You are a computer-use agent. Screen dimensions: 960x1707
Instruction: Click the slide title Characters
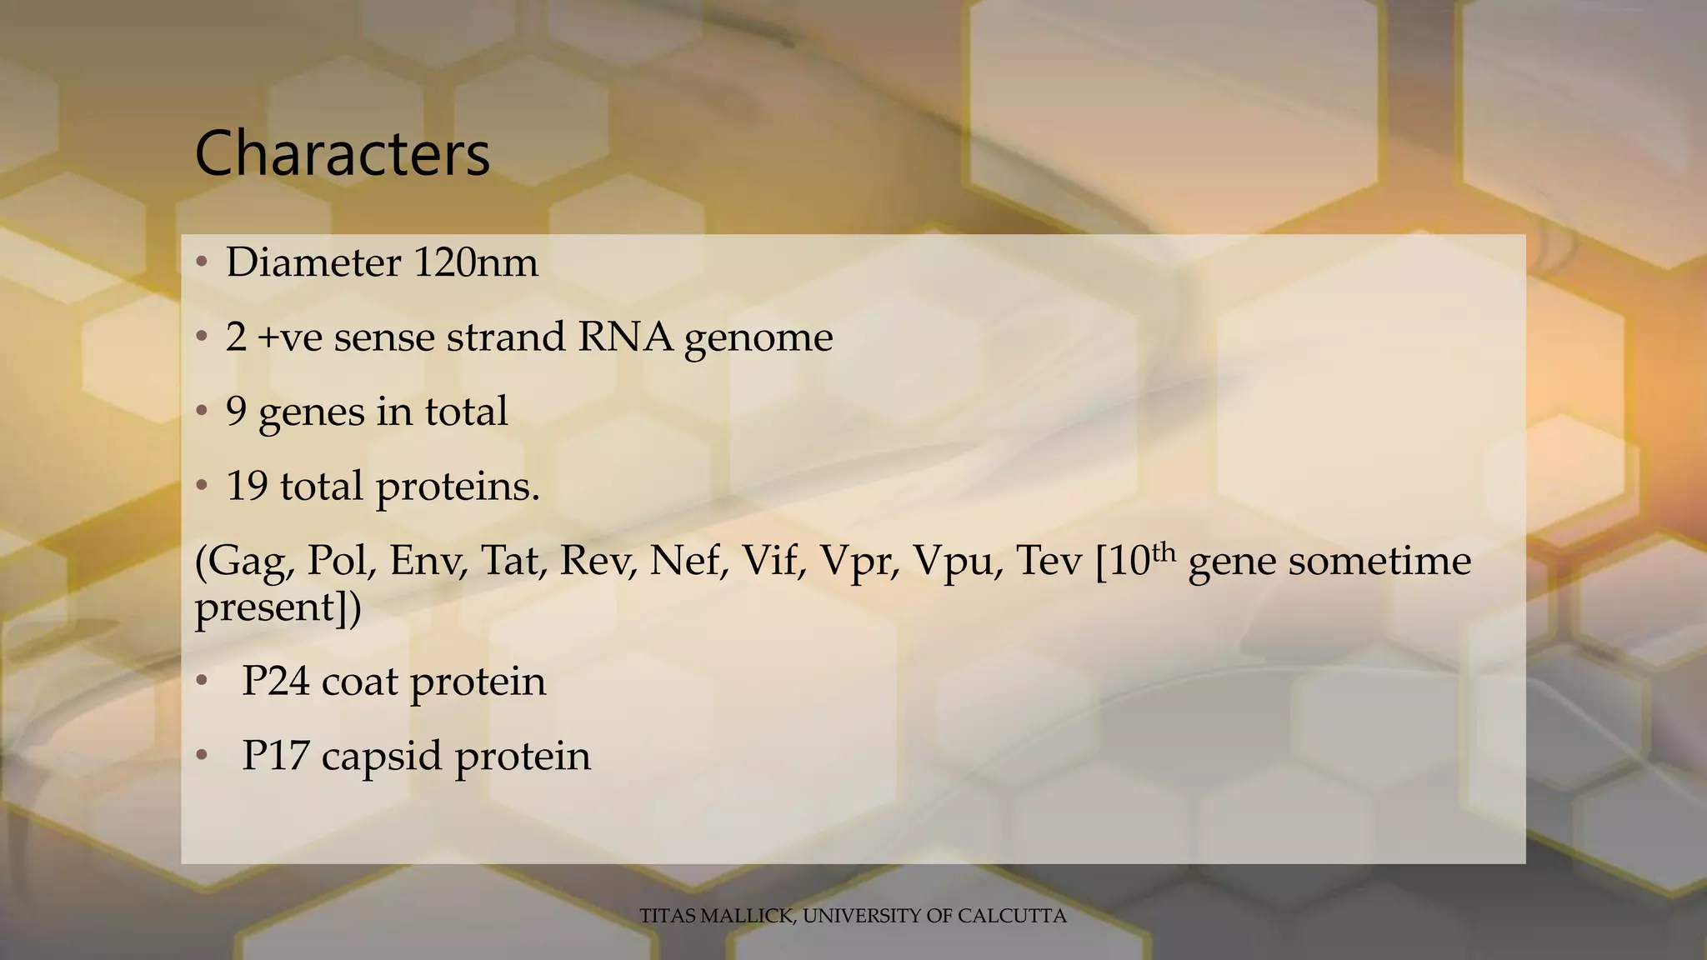342,154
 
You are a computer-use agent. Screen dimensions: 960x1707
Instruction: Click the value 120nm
475,263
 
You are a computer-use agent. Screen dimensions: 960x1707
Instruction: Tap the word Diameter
313,263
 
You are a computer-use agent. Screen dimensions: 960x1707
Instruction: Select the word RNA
624,337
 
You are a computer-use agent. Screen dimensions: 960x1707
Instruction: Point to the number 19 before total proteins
247,486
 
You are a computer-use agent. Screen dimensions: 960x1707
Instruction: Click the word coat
359,682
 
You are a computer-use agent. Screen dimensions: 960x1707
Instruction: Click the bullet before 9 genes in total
201,412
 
